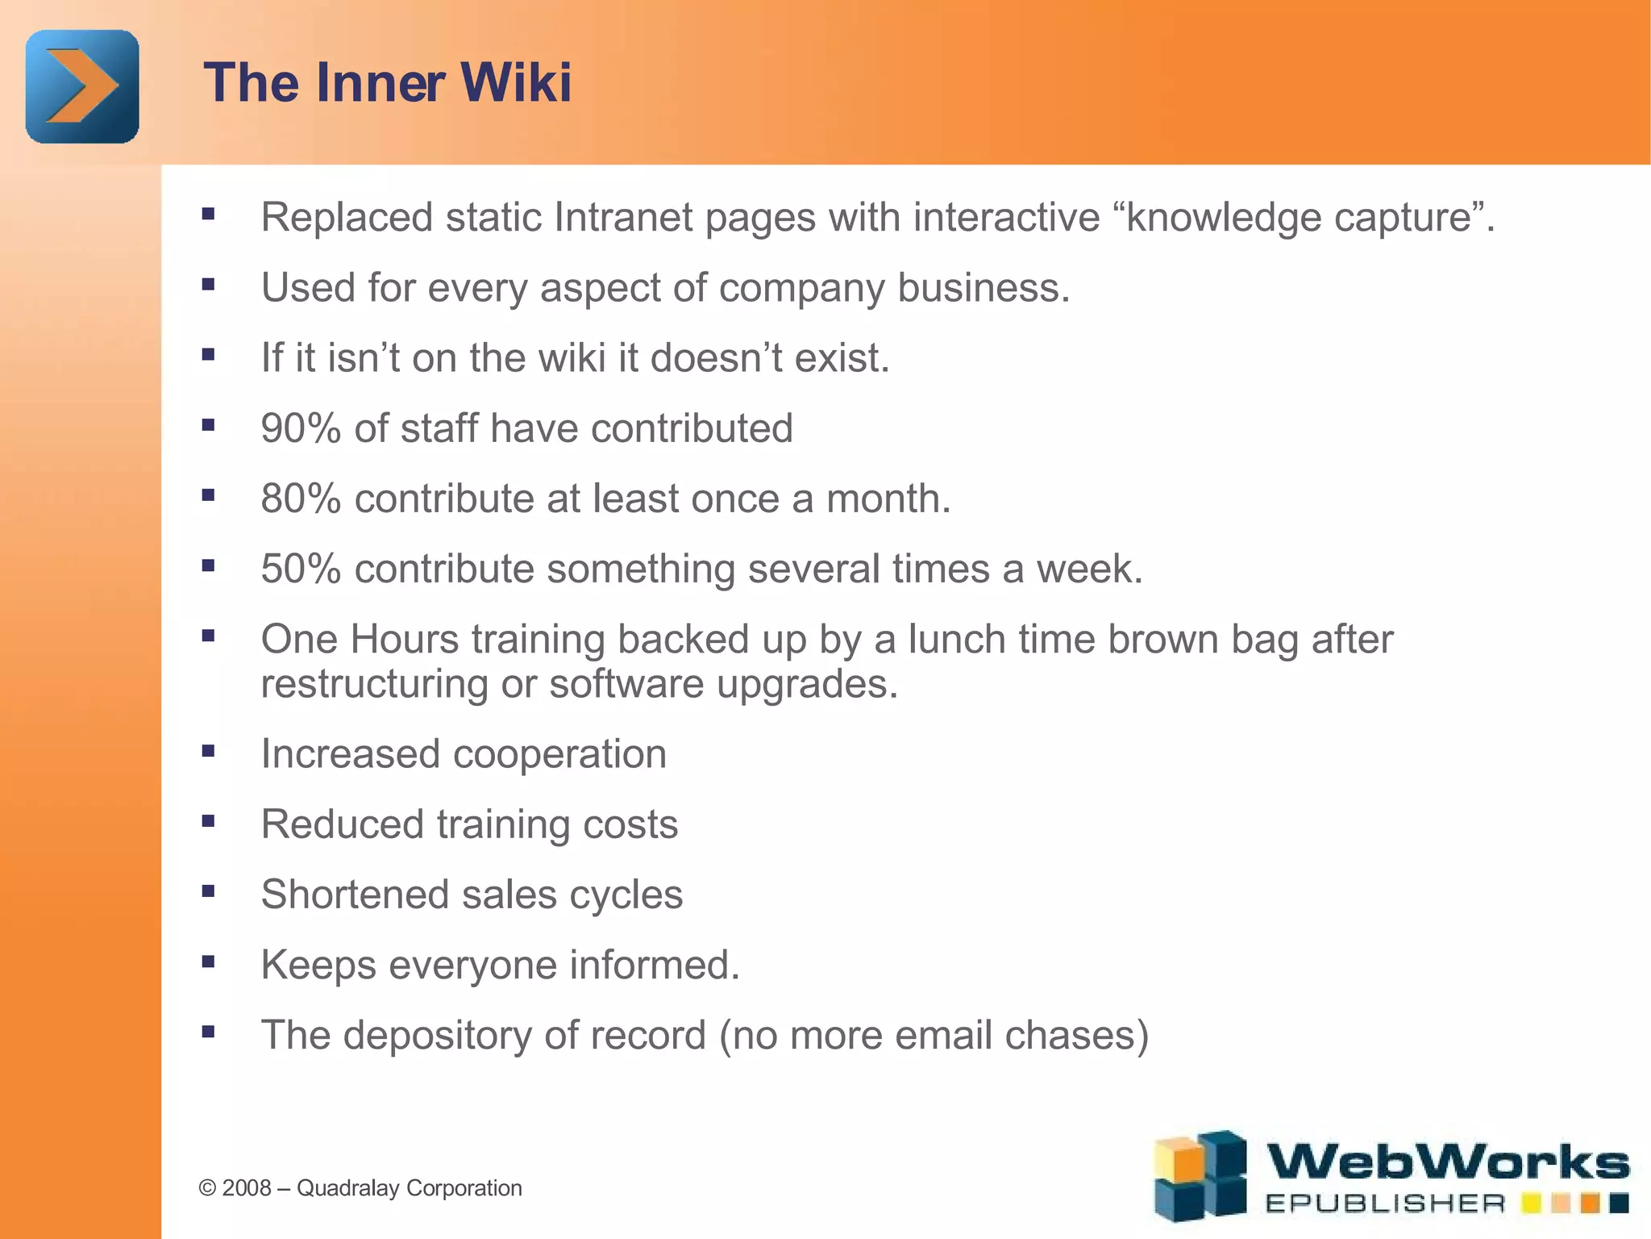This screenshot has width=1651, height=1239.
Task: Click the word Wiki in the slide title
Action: point(516,82)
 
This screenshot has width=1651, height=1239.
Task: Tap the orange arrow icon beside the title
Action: point(82,86)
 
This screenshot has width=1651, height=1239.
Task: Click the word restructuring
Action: point(374,684)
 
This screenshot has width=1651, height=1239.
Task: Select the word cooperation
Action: point(559,754)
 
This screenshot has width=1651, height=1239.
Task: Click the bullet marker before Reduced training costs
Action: point(209,821)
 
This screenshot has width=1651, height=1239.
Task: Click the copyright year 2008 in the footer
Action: point(247,1188)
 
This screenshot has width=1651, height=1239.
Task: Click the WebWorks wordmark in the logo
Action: point(1448,1163)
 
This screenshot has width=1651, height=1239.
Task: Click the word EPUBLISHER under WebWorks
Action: point(1385,1204)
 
